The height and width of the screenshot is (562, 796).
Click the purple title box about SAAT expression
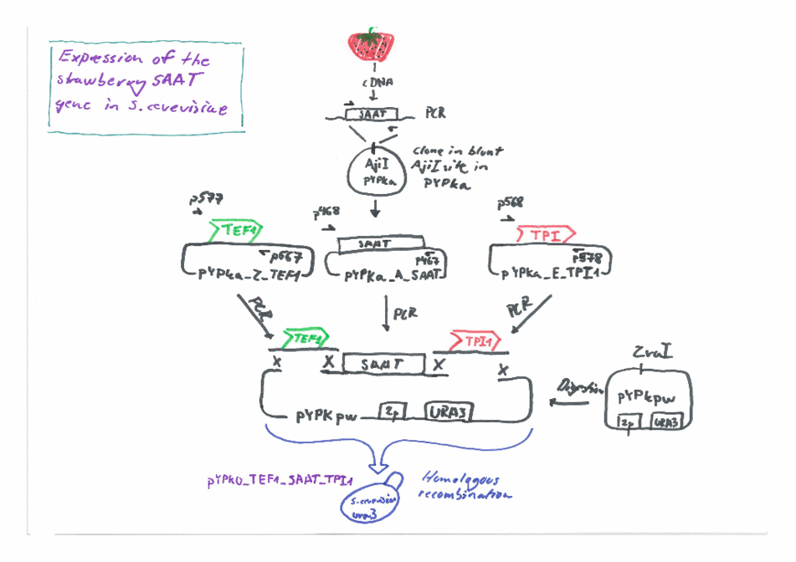(x=146, y=86)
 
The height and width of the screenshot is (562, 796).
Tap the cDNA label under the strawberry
(x=373, y=82)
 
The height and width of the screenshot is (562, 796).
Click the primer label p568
(x=510, y=202)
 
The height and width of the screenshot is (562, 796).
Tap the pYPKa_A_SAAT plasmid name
(x=392, y=274)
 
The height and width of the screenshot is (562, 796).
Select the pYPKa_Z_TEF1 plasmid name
(x=241, y=274)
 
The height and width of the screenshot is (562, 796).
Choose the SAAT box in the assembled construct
(x=382, y=364)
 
